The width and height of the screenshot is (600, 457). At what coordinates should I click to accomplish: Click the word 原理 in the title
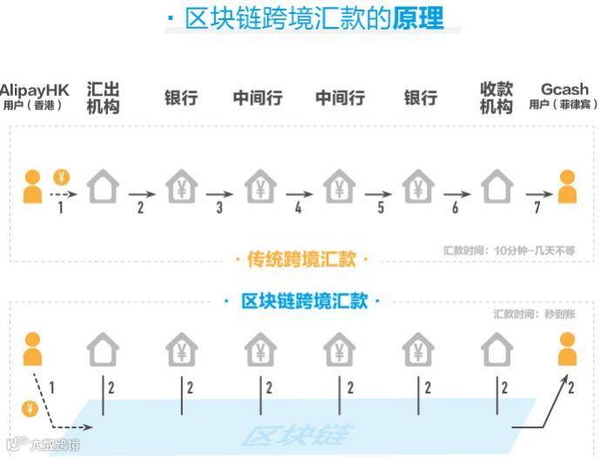tap(418, 18)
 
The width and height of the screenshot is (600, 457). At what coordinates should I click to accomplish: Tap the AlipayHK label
tap(34, 90)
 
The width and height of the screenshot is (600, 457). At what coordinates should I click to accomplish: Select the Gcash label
tap(564, 90)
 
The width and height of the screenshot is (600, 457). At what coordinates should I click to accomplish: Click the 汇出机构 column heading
tap(103, 98)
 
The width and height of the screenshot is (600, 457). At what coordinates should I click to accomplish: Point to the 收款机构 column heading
tap(496, 98)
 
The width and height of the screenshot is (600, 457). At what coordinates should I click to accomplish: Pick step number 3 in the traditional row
tap(219, 208)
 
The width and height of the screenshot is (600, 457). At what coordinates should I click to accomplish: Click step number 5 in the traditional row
tap(381, 208)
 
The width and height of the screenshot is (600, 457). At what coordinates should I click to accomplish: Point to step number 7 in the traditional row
tap(536, 208)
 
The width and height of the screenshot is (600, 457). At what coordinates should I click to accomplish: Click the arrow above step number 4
tap(299, 194)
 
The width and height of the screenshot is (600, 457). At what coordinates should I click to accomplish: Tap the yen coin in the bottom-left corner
tap(30, 408)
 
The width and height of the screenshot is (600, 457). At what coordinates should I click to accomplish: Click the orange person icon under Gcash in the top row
tap(567, 188)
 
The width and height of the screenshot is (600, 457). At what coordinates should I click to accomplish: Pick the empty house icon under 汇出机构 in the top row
tap(103, 187)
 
